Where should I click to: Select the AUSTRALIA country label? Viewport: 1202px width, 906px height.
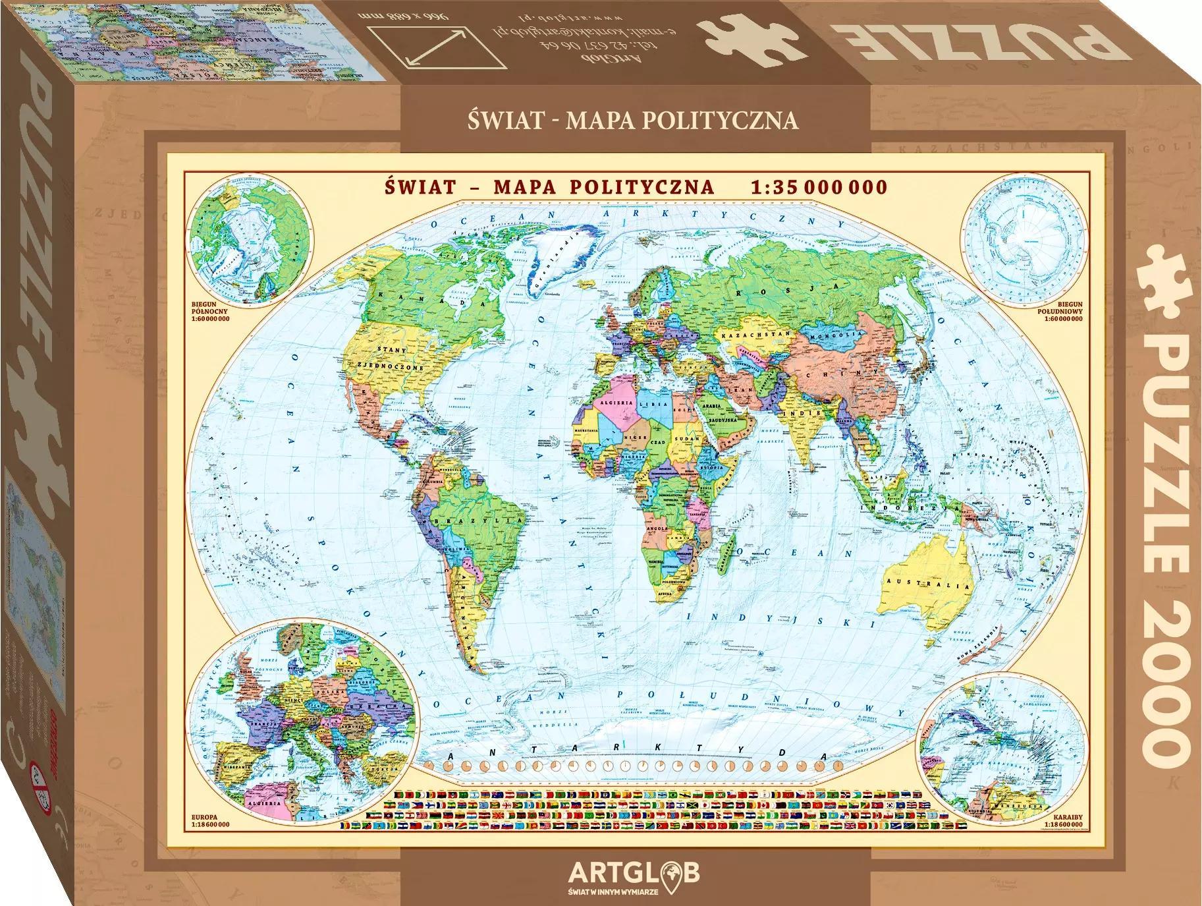[x=929, y=583]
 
